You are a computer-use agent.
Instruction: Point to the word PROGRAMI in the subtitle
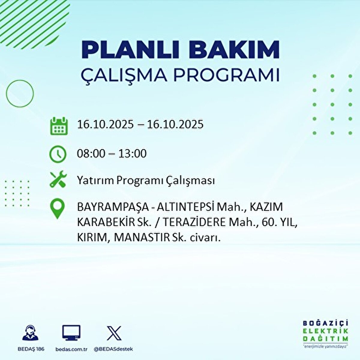tap(226, 75)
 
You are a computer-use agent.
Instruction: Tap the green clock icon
tap(58, 154)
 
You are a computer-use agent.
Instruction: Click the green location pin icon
tap(57, 209)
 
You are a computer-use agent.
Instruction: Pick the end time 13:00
tap(132, 154)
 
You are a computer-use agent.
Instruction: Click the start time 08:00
tap(91, 154)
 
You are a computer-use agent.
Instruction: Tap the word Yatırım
tap(95, 181)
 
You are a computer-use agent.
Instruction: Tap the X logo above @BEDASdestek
tap(114, 333)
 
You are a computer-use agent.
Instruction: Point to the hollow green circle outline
tap(20, 94)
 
